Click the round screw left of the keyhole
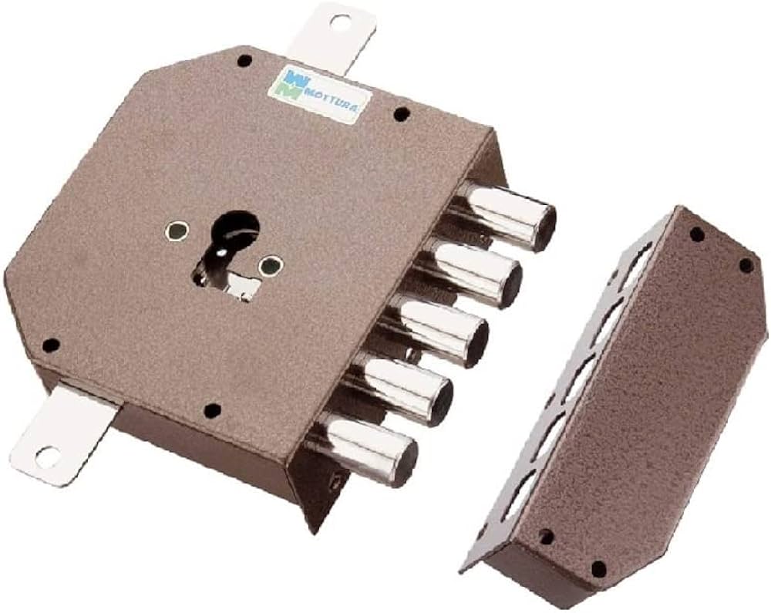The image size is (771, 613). point(177,231)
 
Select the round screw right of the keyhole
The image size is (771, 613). point(271,267)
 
